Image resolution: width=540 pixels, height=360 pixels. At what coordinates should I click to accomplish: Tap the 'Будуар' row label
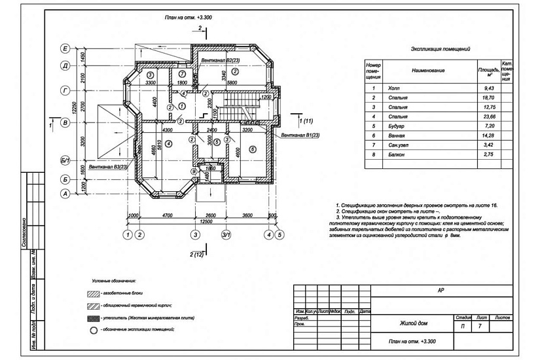coord(397,128)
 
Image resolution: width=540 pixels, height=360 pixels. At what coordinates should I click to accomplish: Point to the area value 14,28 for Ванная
coord(487,137)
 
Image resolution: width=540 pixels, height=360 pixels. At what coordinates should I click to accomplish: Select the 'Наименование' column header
coord(429,70)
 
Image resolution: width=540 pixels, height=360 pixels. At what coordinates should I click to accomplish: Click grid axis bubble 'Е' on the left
coord(65,48)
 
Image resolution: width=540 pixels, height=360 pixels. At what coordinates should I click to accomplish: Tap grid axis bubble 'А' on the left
coord(65,194)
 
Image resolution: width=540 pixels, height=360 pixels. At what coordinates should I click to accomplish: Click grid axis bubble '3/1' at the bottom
coord(226,234)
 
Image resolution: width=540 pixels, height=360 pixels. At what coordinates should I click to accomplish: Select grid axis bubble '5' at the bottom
coord(279,234)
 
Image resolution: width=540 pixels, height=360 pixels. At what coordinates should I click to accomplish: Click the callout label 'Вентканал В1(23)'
coord(300,135)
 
